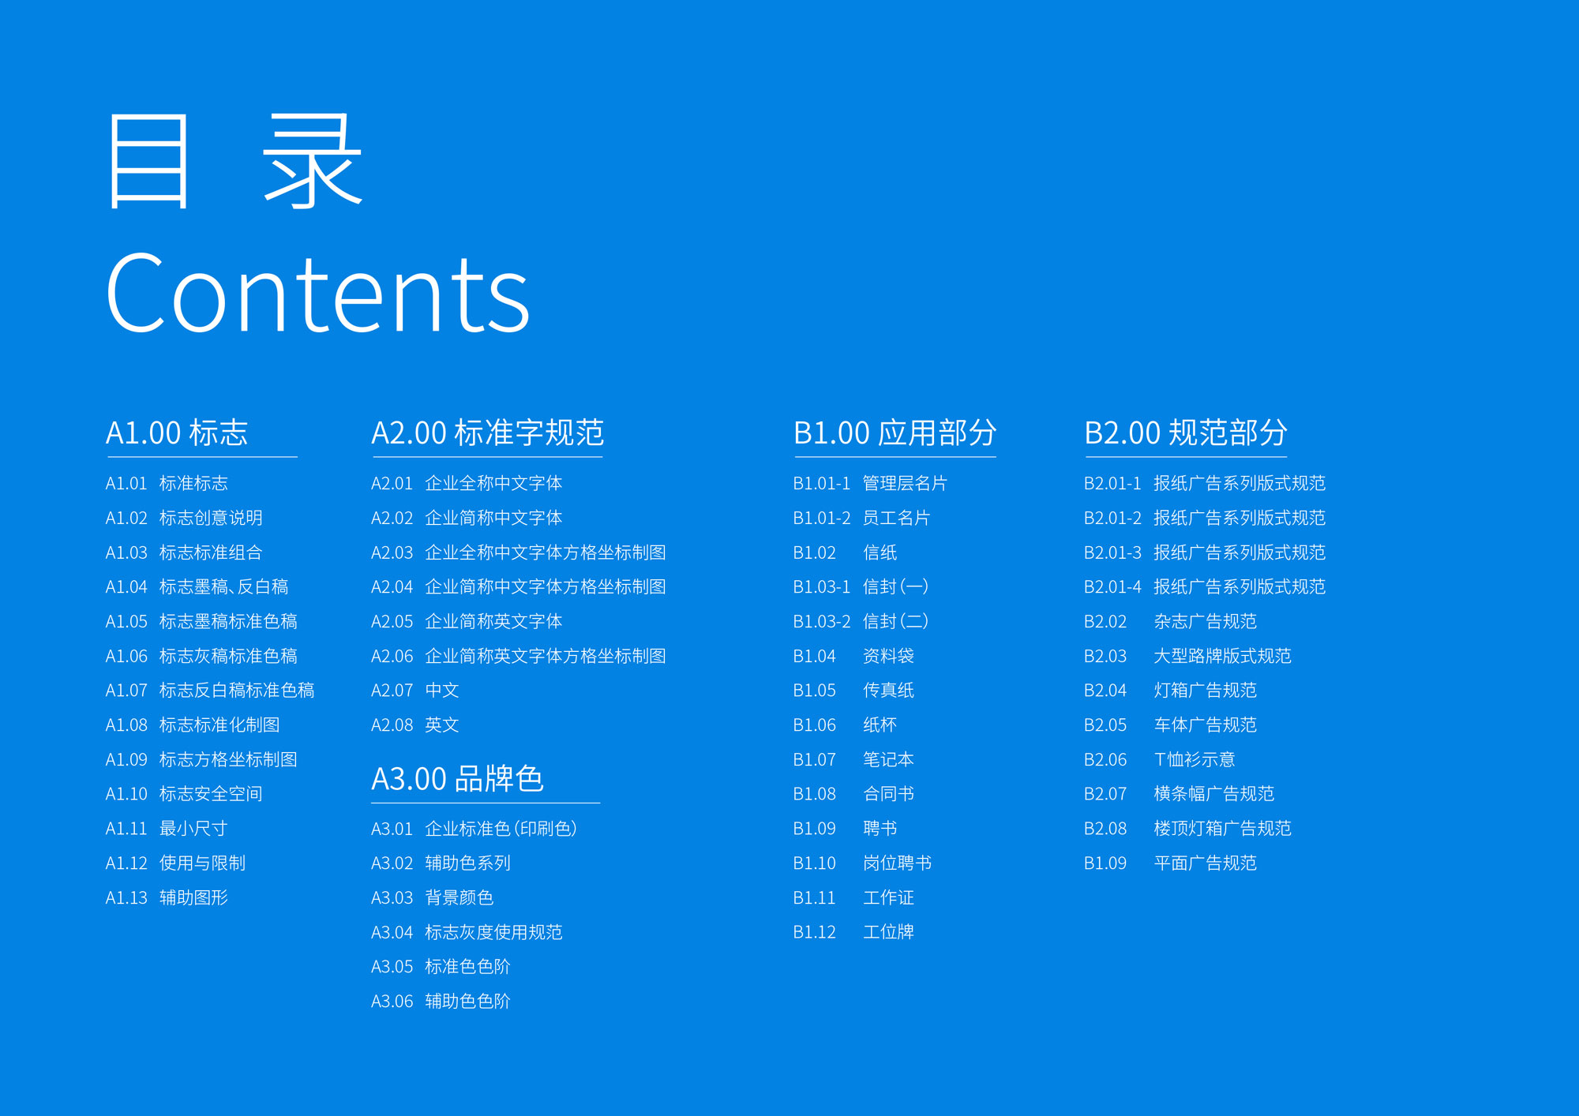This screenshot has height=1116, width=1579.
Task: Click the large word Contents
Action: tap(317, 294)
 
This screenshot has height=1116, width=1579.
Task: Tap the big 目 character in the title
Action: tap(149, 161)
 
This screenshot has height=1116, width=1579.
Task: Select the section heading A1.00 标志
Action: tap(177, 433)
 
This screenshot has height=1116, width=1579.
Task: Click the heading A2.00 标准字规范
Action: tap(487, 433)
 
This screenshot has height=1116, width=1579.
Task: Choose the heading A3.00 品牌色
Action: tap(457, 778)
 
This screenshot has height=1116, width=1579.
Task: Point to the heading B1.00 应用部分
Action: tap(895, 433)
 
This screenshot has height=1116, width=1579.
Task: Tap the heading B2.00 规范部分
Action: tap(1185, 433)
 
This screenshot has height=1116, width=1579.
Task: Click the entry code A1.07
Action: tap(126, 691)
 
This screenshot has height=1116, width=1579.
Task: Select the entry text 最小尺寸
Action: tap(193, 829)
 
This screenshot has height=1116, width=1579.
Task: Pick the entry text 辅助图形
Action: tap(193, 897)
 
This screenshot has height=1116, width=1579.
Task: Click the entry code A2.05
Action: tap(392, 622)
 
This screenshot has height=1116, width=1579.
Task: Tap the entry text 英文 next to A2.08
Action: tap(441, 725)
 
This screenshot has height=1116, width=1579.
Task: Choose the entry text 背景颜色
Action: tap(459, 897)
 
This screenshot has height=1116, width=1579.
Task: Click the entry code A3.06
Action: tap(392, 1002)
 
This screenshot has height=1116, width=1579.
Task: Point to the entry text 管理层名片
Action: tap(905, 483)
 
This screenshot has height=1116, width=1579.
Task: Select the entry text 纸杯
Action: tap(880, 725)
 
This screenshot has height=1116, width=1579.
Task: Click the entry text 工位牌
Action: tap(888, 932)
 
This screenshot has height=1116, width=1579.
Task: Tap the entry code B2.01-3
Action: tap(1112, 552)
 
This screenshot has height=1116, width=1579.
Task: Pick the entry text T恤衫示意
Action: tap(1194, 759)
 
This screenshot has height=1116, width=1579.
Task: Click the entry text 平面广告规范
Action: tap(1205, 863)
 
